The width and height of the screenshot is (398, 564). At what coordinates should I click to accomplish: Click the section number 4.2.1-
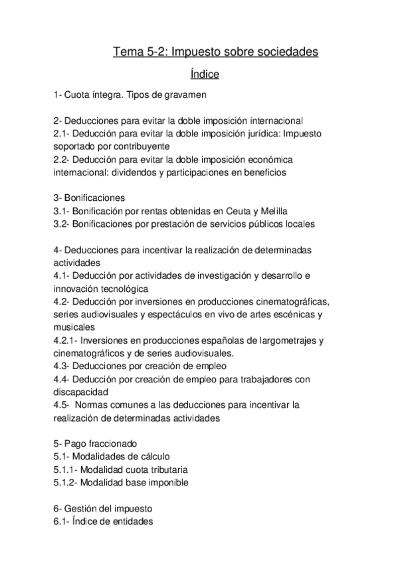[66, 341]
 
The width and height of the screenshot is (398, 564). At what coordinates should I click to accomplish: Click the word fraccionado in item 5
[117, 444]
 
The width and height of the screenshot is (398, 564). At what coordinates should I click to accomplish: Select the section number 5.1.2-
[66, 483]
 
